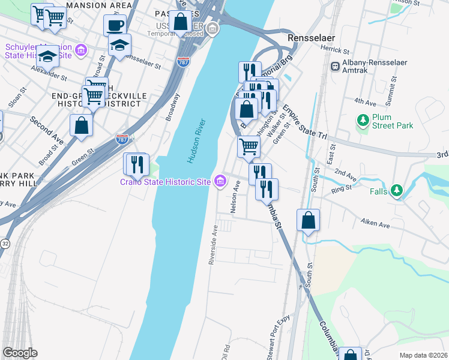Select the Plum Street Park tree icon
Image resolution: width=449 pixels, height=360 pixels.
pos(363,121)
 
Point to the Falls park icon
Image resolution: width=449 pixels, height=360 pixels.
pos(396,191)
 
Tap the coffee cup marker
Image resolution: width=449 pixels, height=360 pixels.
pos(115,26)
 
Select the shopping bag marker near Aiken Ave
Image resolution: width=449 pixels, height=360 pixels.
pos(308,220)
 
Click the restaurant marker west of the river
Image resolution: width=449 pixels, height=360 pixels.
pos(135,164)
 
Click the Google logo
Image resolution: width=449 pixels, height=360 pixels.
pos(20,353)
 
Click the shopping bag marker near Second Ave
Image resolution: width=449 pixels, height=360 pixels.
pos(81,125)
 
